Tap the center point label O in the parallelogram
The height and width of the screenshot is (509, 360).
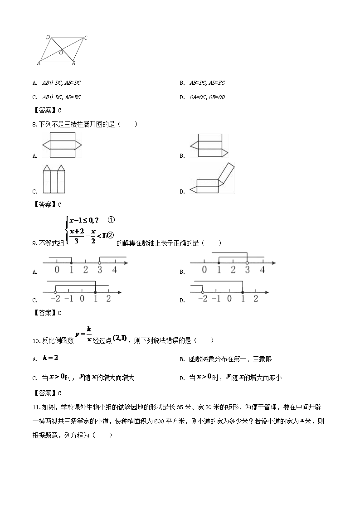pyautogui.click(x=61, y=53)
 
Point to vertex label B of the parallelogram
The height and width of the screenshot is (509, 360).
pyautogui.click(x=74, y=63)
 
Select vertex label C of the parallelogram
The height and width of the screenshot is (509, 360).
pyautogui.click(x=86, y=38)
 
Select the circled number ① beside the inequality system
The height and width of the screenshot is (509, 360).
pyautogui.click(x=112, y=220)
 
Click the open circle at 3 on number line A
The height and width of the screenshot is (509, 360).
pyautogui.click(x=99, y=262)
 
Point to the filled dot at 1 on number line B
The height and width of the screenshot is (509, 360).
pyautogui.click(x=219, y=262)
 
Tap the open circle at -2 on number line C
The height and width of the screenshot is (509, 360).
pyautogui.click(x=55, y=292)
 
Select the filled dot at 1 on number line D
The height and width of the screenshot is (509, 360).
pyautogui.click(x=243, y=292)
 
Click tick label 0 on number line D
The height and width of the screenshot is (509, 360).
pyautogui.click(x=229, y=299)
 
